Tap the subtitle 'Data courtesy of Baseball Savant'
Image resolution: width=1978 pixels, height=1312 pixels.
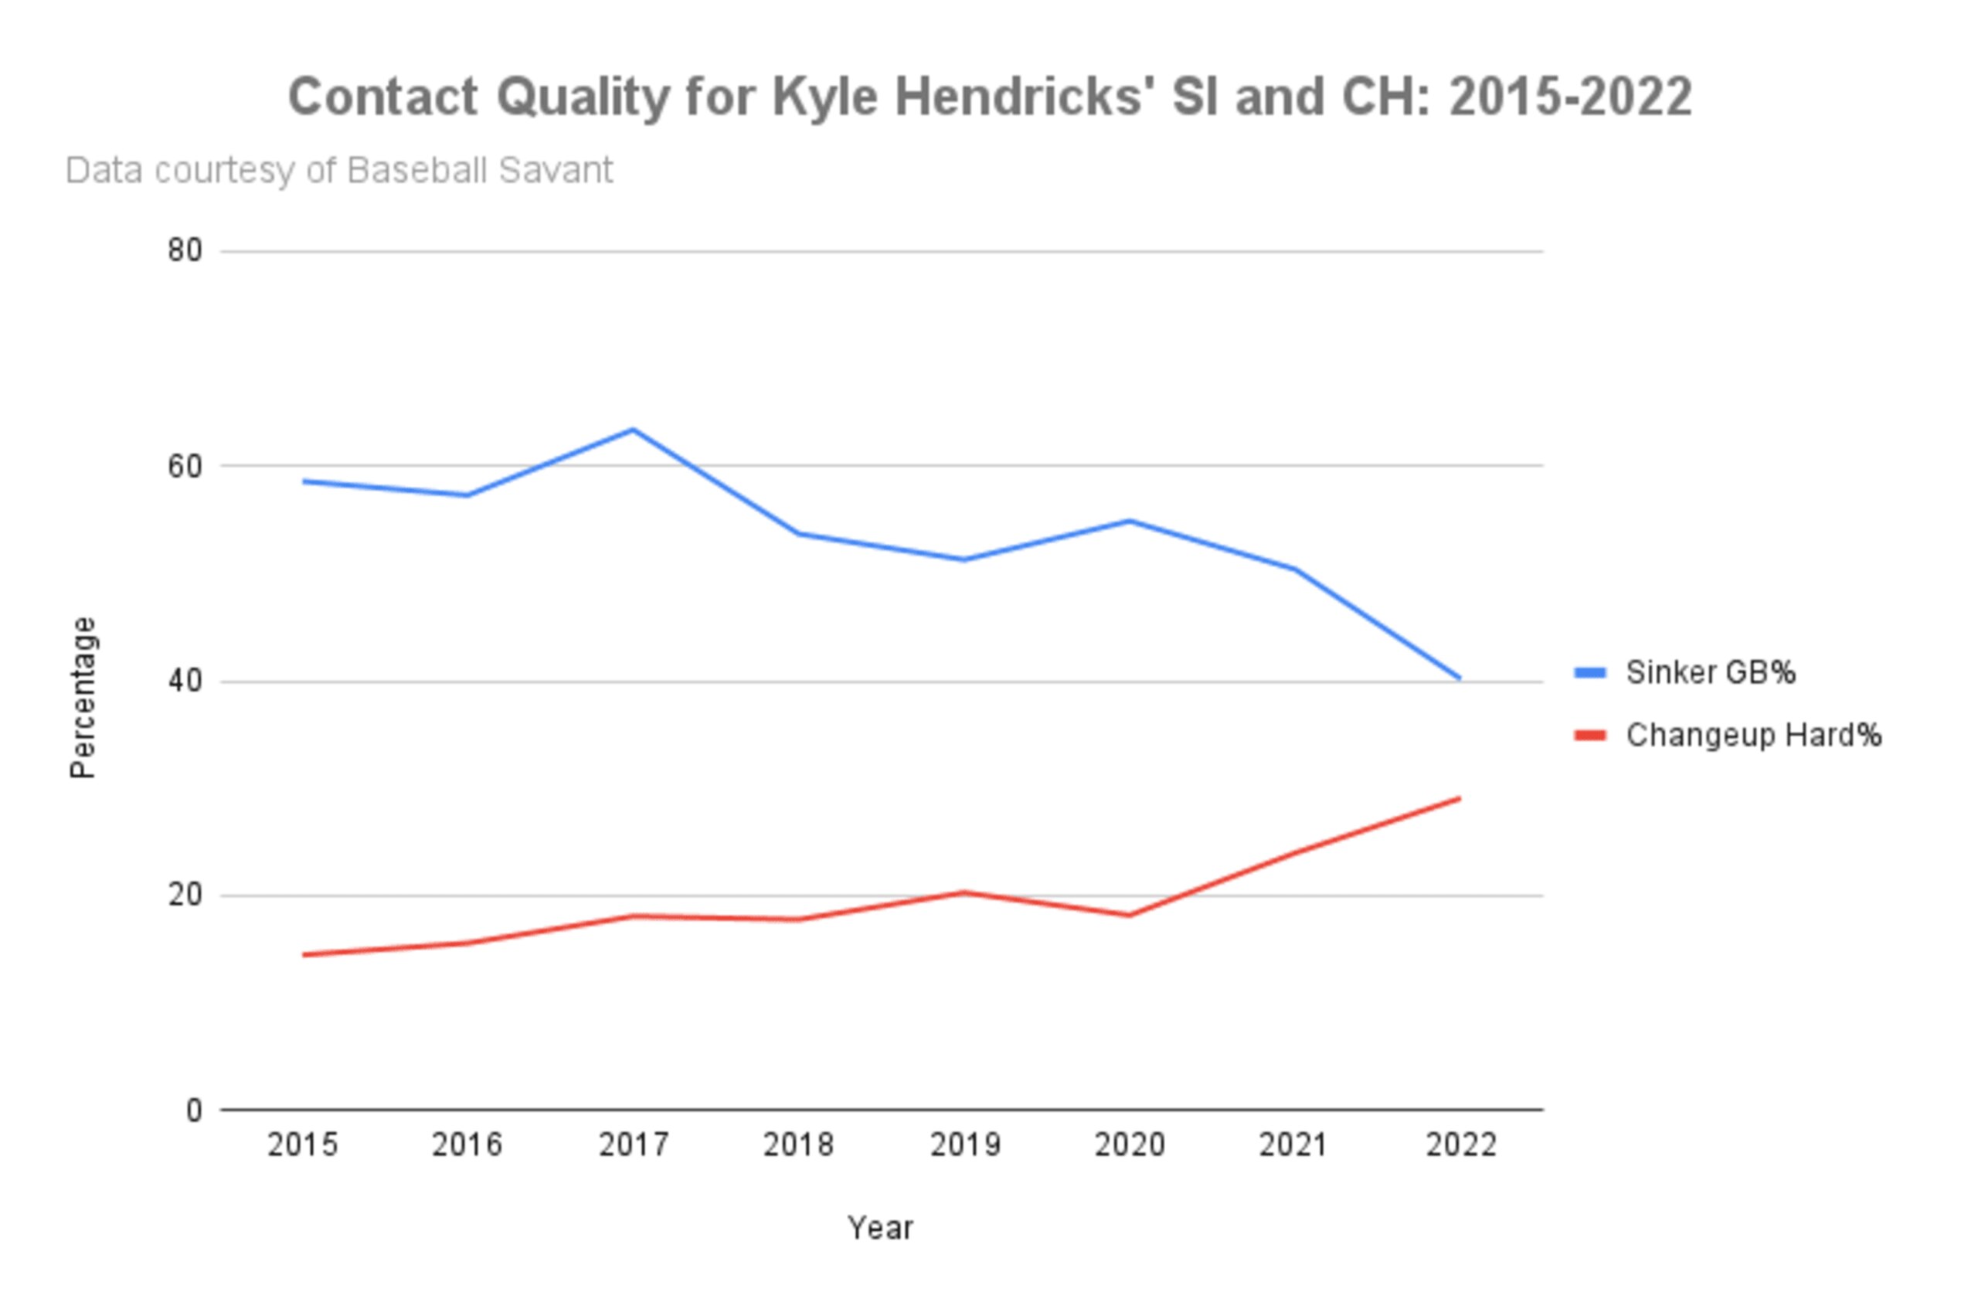point(339,171)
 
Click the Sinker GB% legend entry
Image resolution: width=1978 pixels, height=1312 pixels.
point(1684,673)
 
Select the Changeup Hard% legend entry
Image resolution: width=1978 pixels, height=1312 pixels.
point(1728,736)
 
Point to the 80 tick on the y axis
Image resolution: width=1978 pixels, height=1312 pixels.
point(185,250)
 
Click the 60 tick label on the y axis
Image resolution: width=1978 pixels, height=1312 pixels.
point(185,466)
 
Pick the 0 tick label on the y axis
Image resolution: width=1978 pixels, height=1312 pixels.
point(194,1111)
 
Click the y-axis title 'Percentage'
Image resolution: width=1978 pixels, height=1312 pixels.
point(83,698)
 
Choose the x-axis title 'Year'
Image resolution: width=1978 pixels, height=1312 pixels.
point(880,1229)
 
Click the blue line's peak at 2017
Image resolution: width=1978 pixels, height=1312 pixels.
point(634,430)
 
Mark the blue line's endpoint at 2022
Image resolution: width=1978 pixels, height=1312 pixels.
point(1460,678)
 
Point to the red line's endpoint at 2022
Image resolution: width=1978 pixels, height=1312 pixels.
point(1460,798)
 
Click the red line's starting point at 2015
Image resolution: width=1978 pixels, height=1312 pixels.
point(303,955)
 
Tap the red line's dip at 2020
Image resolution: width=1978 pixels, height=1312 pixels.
point(1130,916)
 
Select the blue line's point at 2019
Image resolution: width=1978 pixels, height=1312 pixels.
point(964,559)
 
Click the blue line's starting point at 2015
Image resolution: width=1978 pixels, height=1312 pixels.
point(303,481)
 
